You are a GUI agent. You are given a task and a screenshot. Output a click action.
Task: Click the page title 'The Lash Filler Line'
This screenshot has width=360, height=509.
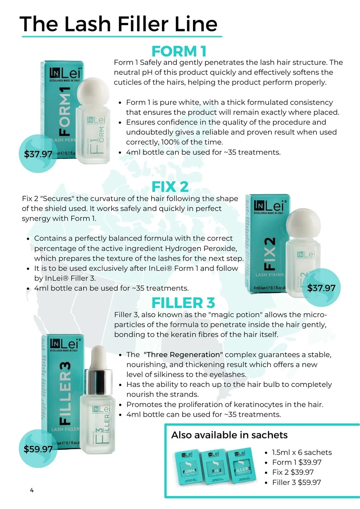pyautogui.click(x=118, y=24)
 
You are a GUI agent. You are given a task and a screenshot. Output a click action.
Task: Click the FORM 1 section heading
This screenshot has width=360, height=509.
pyautogui.click(x=179, y=51)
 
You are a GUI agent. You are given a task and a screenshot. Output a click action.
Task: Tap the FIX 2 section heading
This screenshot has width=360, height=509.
pyautogui.click(x=170, y=187)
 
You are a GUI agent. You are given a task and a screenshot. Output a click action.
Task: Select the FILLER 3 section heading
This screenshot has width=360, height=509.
pyautogui.click(x=183, y=303)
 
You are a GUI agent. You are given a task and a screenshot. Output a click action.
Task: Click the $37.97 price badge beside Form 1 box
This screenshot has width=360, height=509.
pyautogui.click(x=38, y=154)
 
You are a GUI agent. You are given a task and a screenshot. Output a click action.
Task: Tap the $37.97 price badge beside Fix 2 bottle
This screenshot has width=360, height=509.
pyautogui.click(x=321, y=288)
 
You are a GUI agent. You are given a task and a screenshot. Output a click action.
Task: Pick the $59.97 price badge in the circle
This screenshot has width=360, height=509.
pyautogui.click(x=38, y=449)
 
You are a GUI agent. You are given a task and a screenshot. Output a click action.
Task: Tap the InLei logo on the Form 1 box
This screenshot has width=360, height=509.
pyautogui.click(x=65, y=73)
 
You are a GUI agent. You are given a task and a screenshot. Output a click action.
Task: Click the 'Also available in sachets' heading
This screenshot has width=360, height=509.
pyautogui.click(x=229, y=435)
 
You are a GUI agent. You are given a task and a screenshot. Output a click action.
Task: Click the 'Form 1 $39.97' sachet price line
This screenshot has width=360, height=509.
pyautogui.click(x=297, y=462)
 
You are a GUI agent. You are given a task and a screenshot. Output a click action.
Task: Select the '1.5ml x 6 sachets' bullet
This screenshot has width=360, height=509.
pyautogui.click(x=302, y=452)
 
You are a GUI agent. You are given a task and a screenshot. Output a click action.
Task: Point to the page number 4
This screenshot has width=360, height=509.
pyautogui.click(x=32, y=490)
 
